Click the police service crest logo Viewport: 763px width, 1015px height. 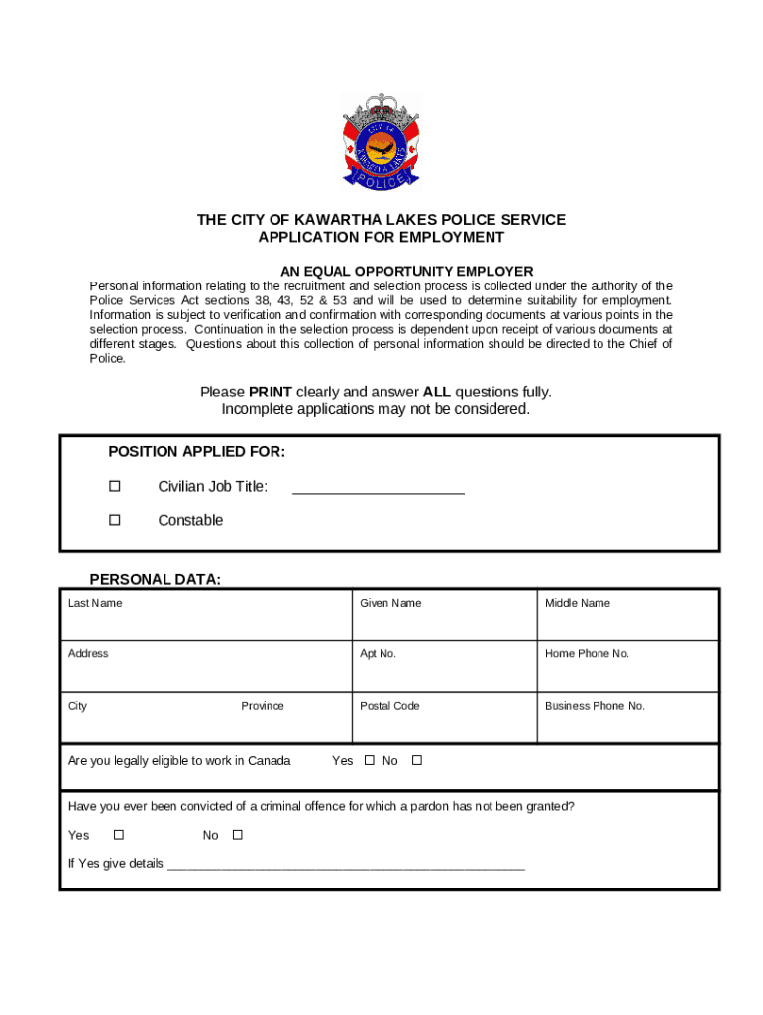pyautogui.click(x=381, y=142)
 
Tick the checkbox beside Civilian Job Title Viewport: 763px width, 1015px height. pyautogui.click(x=114, y=486)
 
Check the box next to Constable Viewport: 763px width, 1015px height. pyautogui.click(x=114, y=520)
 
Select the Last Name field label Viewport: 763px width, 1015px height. pyautogui.click(x=95, y=603)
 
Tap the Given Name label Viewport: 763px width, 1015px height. pyautogui.click(x=390, y=603)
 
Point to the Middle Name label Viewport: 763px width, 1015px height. pyautogui.click(x=578, y=603)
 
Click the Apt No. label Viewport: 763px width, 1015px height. pyautogui.click(x=378, y=654)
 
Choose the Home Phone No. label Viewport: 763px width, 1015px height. pyautogui.click(x=587, y=654)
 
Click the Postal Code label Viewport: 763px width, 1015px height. pyautogui.click(x=389, y=706)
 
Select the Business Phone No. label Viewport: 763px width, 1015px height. pyautogui.click(x=595, y=706)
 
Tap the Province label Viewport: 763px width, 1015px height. pyautogui.click(x=263, y=706)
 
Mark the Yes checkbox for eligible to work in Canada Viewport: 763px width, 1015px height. pyautogui.click(x=369, y=761)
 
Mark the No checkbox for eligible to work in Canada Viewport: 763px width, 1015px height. pyautogui.click(x=417, y=761)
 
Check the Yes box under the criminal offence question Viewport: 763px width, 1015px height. pyautogui.click(x=119, y=835)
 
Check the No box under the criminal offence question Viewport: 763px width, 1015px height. pyautogui.click(x=238, y=835)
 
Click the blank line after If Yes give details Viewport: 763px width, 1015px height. pyautogui.click(x=346, y=865)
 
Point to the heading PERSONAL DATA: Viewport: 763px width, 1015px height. pyautogui.click(x=156, y=580)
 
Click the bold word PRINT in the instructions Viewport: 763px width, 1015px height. pyautogui.click(x=270, y=393)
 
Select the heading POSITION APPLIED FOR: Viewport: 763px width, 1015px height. pyautogui.click(x=196, y=452)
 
